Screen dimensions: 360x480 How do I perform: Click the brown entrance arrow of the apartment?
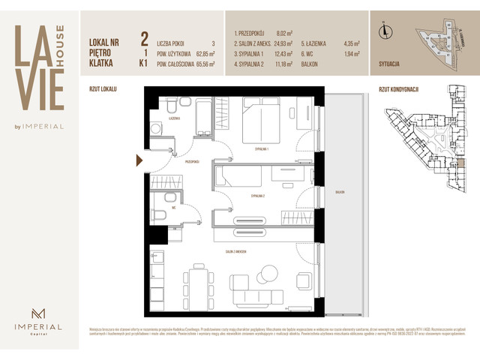pos(139,160)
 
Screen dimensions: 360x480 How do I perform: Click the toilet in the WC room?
pos(160,216)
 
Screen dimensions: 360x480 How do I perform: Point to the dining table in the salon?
pos(197,283)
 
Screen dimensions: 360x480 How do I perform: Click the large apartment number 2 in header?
pos(143,37)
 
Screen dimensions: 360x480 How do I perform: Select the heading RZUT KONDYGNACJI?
pos(398,89)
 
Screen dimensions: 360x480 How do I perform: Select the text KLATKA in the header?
pos(100,64)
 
